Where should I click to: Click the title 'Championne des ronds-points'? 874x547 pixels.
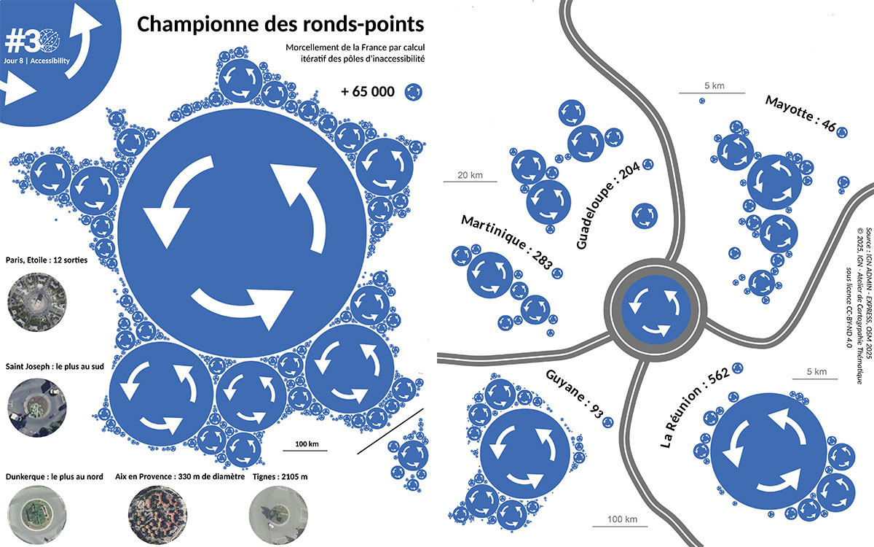280,24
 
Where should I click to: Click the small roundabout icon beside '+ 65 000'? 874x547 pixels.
414,91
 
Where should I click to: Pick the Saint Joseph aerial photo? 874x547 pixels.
35,403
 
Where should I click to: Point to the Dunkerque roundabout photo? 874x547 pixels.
35,515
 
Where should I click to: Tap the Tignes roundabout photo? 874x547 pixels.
277,515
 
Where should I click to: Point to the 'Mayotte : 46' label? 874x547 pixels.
800,113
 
